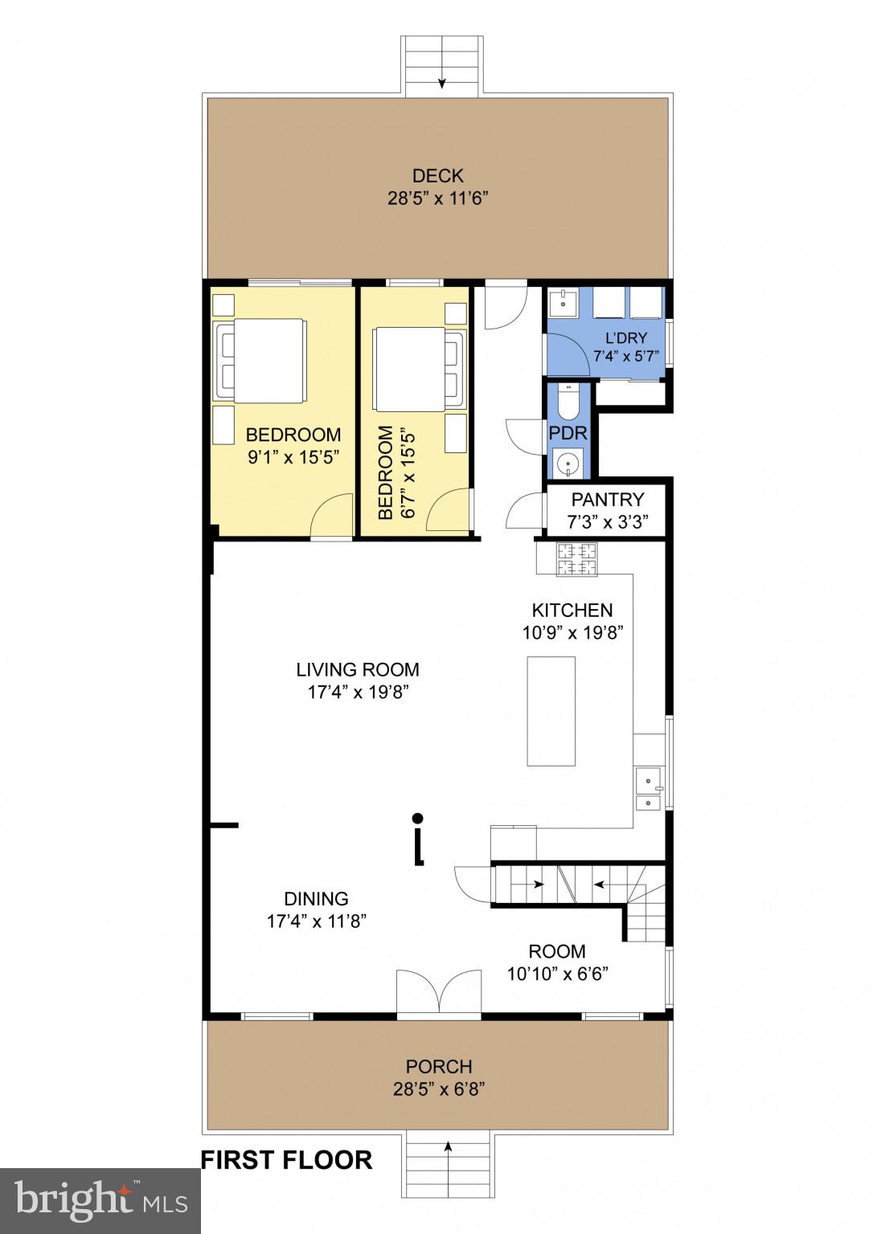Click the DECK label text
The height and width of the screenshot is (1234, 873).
(x=437, y=176)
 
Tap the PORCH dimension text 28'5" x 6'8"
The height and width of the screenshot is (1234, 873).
(x=437, y=1089)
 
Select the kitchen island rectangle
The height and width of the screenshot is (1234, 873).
(x=551, y=711)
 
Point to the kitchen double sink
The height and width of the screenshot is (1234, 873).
(x=648, y=790)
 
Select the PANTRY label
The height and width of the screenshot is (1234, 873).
(x=607, y=500)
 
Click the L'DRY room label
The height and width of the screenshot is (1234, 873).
(x=625, y=338)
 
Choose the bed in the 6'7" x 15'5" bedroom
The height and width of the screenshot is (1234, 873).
(x=418, y=368)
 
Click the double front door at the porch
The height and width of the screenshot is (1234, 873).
(x=438, y=993)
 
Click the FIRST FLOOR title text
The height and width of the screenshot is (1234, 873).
(x=286, y=1160)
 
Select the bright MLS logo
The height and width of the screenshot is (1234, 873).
(x=100, y=1201)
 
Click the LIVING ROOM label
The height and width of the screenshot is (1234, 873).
(x=358, y=669)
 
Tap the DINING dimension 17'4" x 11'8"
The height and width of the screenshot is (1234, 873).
(x=317, y=921)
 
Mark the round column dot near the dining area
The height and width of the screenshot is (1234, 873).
(x=417, y=819)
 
